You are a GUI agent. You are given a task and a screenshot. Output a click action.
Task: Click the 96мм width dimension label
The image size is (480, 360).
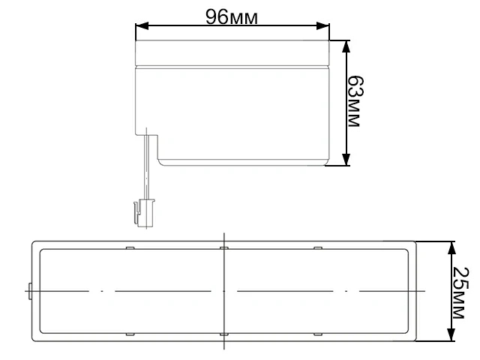tap(232, 17)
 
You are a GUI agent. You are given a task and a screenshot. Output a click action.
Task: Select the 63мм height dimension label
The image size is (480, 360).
tap(357, 103)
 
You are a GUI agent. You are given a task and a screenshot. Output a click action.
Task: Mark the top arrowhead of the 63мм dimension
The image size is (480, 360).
tap(346, 46)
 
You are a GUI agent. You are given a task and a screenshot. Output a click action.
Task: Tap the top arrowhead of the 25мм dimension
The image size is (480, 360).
tap(451, 247)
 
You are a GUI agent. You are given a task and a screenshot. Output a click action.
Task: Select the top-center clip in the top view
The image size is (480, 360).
tap(223, 247)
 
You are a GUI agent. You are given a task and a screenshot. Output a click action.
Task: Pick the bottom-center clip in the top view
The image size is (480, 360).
tap(223, 332)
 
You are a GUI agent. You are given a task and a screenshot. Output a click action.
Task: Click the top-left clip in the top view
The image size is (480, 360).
tap(130, 247)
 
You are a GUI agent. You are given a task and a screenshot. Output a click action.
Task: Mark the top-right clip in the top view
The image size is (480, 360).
tap(316, 247)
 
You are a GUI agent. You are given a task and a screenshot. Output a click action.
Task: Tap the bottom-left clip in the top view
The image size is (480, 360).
tap(130, 332)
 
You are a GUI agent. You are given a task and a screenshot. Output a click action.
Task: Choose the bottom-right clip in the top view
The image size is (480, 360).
tap(316, 332)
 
